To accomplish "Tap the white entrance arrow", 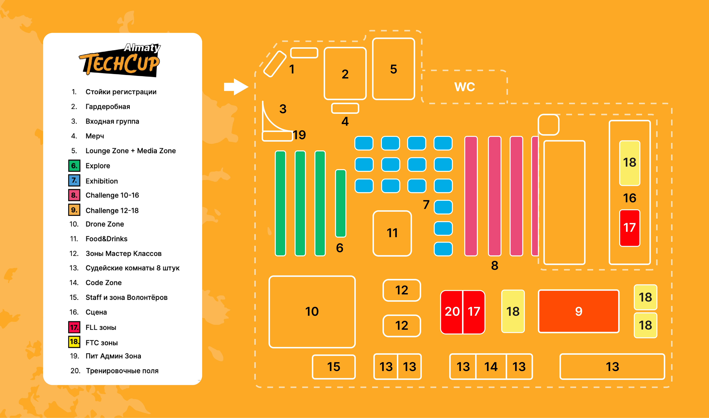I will [236, 87].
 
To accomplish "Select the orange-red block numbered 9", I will [578, 311].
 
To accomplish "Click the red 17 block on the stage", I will [630, 228].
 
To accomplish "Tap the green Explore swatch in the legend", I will [74, 166].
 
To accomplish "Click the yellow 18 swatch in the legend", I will [74, 342].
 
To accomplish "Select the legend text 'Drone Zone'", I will [105, 224].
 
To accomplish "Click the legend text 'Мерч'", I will [95, 136].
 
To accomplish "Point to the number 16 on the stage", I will [630, 198].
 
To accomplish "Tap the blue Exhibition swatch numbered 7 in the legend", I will [74, 180].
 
